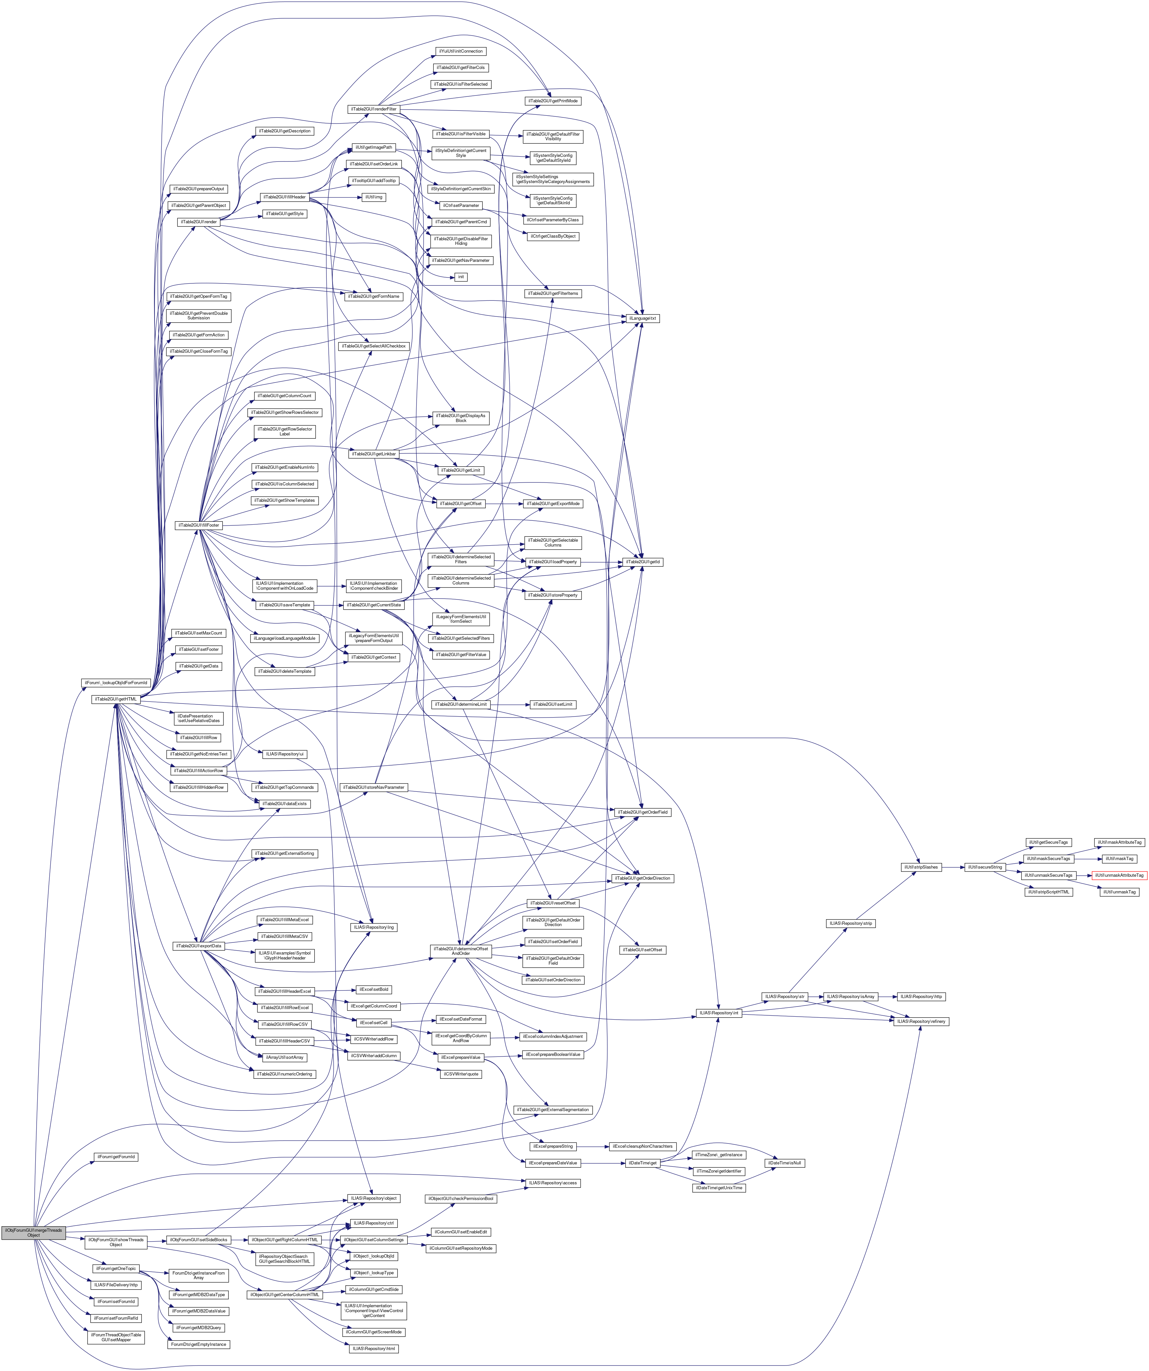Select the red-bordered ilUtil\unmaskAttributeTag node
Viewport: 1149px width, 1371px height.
coord(1119,875)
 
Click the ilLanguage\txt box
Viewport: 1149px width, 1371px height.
coord(643,318)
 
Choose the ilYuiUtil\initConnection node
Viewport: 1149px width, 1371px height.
coord(461,51)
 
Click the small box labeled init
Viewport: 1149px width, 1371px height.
coord(461,277)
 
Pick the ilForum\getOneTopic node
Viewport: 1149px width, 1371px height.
coord(115,1268)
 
